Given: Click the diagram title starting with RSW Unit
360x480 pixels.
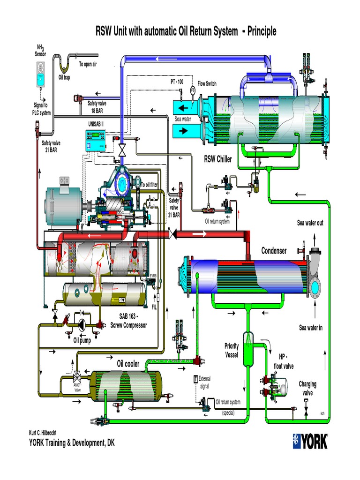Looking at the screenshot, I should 180,31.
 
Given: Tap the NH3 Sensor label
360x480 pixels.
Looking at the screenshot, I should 41,50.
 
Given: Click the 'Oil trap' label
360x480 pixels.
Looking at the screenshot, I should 64,78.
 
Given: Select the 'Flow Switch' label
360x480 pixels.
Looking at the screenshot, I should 207,83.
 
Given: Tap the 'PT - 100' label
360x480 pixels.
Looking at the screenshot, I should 177,82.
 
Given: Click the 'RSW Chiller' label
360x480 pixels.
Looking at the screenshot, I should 217,159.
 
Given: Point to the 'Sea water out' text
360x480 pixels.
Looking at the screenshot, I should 310,223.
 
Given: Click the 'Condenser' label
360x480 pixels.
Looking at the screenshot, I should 274,251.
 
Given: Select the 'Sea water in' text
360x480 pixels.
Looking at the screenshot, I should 311,328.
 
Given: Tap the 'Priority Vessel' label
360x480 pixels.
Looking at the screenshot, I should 231,350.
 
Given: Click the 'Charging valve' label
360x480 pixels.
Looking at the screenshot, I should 307,388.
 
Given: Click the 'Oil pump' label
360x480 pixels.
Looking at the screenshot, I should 82,341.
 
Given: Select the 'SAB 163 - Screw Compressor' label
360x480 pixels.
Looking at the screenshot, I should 128,322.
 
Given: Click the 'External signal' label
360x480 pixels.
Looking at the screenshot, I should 205,382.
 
